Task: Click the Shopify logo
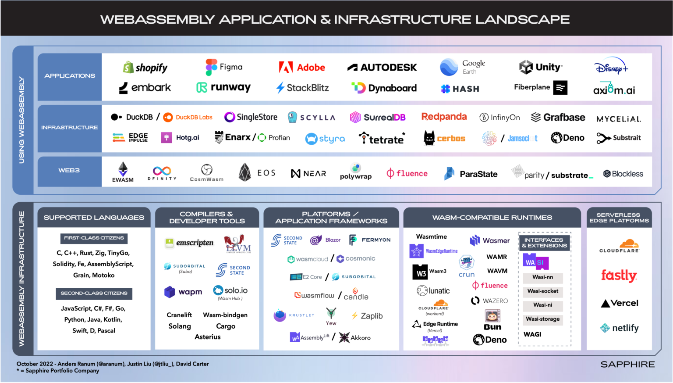click(145, 68)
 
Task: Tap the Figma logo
click(224, 67)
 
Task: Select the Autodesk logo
click(382, 68)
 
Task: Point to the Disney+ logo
click(611, 67)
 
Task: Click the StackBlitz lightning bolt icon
click(280, 88)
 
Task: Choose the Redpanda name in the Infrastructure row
click(444, 117)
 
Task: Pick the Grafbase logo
click(558, 117)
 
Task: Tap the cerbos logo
click(444, 138)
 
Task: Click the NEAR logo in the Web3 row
click(308, 174)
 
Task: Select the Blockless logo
click(623, 174)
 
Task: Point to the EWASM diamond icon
click(123, 169)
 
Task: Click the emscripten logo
click(189, 243)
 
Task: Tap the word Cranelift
click(179, 315)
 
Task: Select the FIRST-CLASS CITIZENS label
click(94, 238)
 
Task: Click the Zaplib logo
click(367, 316)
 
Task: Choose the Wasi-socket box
click(543, 291)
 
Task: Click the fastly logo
click(619, 276)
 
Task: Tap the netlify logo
click(619, 328)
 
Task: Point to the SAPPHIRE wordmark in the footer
click(627, 365)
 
